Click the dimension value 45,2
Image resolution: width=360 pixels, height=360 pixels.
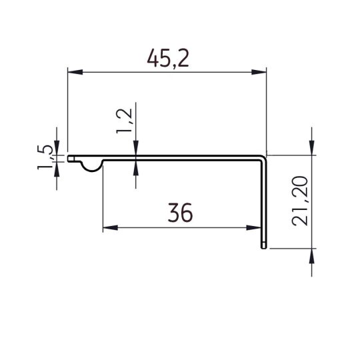(168, 59)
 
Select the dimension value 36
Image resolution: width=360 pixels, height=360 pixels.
(181, 213)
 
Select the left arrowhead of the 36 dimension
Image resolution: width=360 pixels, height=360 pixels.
(107, 228)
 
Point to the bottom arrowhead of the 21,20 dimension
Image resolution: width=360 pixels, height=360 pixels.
(311, 255)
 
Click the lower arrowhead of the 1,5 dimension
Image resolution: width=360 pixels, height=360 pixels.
(57, 167)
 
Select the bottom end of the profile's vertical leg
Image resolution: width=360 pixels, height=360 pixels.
(263, 249)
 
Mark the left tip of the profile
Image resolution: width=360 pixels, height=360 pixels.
(69, 159)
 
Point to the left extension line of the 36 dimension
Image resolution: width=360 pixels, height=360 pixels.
(102, 200)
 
